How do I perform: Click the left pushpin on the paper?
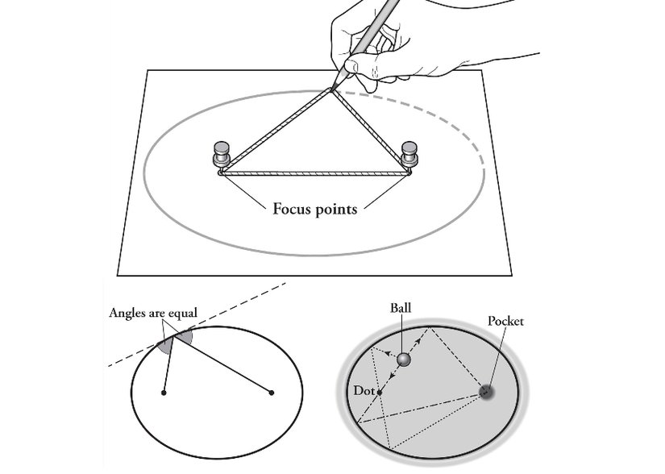pos(221,154)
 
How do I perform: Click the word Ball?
pos(401,308)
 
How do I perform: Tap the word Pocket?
pos(506,321)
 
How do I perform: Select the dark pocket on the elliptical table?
pos(486,391)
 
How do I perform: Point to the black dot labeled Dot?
pos(380,393)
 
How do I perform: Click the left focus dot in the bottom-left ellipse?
pos(164,393)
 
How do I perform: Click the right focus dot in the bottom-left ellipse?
pos(272,393)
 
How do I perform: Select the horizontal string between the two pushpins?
pos(316,172)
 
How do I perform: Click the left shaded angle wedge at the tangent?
pos(164,344)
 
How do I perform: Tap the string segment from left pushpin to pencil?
pos(274,131)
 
